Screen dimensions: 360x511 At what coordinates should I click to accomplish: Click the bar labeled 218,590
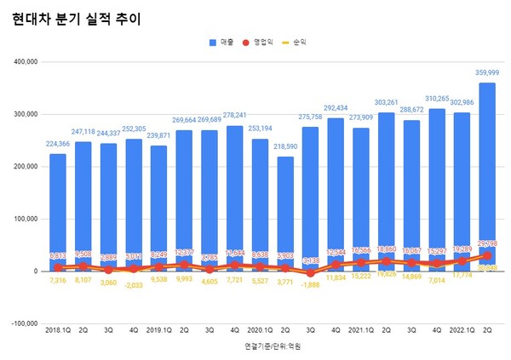(x=284, y=213)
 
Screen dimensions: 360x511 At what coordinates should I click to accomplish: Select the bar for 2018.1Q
(x=57, y=213)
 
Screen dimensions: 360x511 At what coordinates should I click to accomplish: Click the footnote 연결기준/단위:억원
(x=272, y=347)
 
